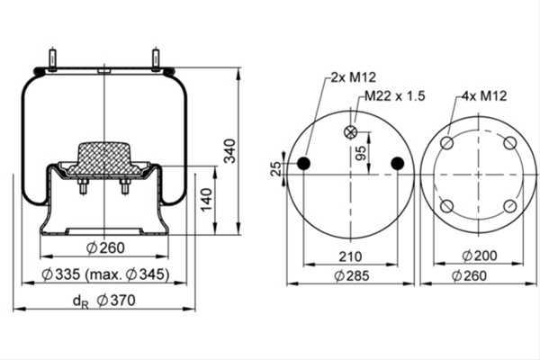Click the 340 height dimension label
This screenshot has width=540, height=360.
click(229, 151)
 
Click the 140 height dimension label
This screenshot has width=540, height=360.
click(207, 200)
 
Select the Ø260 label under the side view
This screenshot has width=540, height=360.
click(105, 247)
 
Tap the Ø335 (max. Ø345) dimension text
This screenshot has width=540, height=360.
click(105, 274)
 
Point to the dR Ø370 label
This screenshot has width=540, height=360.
click(104, 301)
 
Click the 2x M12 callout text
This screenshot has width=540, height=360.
click(354, 77)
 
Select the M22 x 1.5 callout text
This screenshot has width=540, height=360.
click(395, 95)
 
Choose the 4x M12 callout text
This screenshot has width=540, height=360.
click(484, 95)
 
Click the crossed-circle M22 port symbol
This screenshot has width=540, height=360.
click(351, 132)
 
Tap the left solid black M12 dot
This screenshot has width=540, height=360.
click(304, 163)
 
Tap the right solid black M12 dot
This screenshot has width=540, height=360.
click(398, 163)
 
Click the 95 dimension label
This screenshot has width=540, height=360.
click(361, 153)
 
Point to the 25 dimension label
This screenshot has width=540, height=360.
click(276, 169)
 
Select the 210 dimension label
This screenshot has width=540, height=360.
click(351, 256)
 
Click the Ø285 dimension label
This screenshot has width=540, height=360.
click(351, 276)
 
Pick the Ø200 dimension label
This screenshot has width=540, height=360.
click(480, 256)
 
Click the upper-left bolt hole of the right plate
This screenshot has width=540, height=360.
click(447, 142)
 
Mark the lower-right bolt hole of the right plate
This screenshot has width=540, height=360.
click(510, 206)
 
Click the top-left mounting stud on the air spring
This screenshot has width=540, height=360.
click(52, 60)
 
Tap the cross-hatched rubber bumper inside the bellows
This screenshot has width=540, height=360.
click(104, 158)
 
